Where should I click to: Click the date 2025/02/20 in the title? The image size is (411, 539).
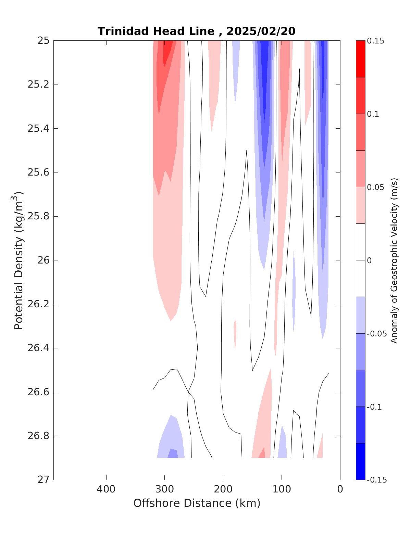pyautogui.click(x=261, y=31)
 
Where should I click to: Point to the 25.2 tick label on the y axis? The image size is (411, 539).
pyautogui.click(x=38, y=85)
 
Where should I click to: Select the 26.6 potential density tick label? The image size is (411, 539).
pyautogui.click(x=38, y=392)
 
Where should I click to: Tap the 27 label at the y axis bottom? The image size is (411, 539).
pyautogui.click(x=43, y=480)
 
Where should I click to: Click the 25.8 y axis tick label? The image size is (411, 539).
pyautogui.click(x=38, y=216)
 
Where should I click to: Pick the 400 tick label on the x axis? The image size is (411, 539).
pyautogui.click(x=106, y=489)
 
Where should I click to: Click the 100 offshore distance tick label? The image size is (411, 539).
pyautogui.click(x=282, y=489)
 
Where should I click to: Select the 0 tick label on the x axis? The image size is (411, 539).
pyautogui.click(x=340, y=489)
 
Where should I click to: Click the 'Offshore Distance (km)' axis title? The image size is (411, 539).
pyautogui.click(x=197, y=503)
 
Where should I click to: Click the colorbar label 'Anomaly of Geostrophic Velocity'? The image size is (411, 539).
pyautogui.click(x=394, y=260)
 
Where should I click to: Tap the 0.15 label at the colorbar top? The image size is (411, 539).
pyautogui.click(x=375, y=41)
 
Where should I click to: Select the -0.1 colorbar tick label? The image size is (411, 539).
pyautogui.click(x=374, y=407)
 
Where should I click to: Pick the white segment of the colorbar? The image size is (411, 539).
pyautogui.click(x=360, y=260)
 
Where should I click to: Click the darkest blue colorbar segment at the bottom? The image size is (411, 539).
pyautogui.click(x=360, y=461)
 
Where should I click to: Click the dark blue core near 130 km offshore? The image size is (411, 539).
pyautogui.click(x=264, y=79)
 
